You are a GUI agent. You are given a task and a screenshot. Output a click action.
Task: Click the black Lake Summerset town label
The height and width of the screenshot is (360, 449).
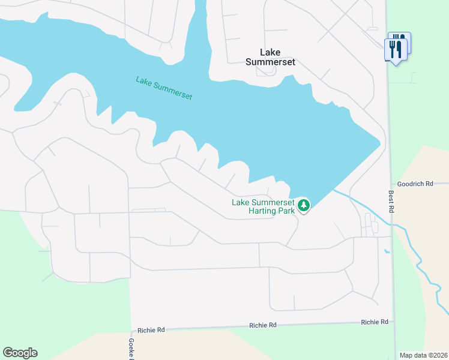click(x=271, y=57)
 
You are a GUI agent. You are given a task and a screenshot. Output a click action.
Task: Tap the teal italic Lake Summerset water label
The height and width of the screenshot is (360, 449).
click(x=164, y=88)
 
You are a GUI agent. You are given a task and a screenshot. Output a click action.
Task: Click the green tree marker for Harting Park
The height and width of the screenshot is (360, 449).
click(x=304, y=206)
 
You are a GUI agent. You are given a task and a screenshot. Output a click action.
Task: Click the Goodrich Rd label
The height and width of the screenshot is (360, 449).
click(x=415, y=184)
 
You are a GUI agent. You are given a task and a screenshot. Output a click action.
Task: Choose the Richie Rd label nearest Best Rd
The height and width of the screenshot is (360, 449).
click(x=375, y=322)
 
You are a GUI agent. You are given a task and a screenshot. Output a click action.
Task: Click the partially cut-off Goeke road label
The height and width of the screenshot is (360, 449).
click(x=131, y=349)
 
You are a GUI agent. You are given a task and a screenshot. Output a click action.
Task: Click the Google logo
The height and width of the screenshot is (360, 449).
click(x=20, y=353)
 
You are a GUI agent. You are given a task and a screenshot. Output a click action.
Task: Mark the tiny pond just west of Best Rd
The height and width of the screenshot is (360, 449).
click(x=387, y=250)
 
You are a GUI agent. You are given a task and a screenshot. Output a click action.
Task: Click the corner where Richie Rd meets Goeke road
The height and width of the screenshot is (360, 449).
click(x=131, y=331)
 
